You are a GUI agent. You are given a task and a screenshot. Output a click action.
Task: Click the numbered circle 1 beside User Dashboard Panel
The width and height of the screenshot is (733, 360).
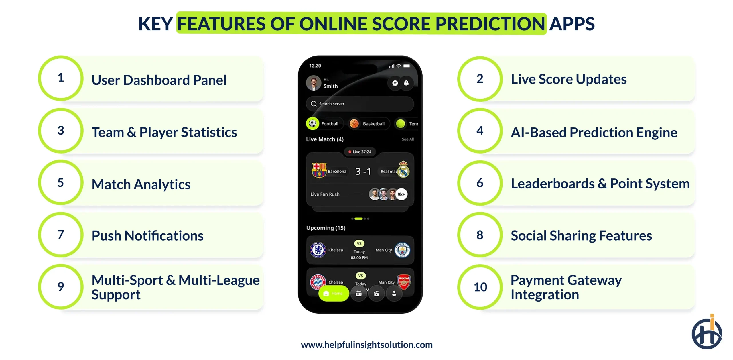(x=61, y=78)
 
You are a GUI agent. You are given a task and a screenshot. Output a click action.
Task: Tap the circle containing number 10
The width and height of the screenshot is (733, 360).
(x=480, y=287)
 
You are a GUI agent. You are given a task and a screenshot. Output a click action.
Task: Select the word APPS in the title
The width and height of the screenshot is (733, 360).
(x=572, y=24)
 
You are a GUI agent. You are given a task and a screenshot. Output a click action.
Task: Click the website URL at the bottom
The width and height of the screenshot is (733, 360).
(x=366, y=345)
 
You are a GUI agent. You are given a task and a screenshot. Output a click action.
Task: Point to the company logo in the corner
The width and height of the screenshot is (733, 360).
(x=707, y=332)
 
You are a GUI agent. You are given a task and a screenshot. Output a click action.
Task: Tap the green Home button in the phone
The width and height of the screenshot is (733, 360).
(x=334, y=293)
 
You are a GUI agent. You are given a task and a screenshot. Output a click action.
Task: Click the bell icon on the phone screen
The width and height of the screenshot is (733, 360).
(x=406, y=83)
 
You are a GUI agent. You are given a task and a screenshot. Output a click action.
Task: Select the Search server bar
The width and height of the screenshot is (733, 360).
(x=360, y=104)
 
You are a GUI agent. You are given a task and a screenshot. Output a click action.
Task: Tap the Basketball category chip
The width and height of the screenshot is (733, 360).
(x=369, y=124)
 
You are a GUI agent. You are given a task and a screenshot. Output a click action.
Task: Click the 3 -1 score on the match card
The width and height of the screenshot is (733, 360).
(x=363, y=171)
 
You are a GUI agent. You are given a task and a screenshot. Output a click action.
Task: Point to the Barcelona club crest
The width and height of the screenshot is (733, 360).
(x=319, y=170)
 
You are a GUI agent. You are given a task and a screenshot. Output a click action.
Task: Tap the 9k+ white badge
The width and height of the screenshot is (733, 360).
(x=401, y=194)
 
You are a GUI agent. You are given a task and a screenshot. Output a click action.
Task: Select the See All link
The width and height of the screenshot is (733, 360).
(x=407, y=139)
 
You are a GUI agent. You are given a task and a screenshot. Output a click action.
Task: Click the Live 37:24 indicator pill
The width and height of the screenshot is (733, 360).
(x=360, y=152)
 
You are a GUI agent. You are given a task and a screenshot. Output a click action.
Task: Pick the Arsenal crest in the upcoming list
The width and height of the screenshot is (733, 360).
(x=404, y=282)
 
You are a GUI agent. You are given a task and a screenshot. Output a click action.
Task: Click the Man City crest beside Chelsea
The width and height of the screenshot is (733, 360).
(x=402, y=250)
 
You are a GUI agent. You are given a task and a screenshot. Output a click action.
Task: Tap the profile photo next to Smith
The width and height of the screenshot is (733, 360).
(x=314, y=83)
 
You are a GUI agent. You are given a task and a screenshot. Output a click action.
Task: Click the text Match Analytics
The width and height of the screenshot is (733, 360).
(x=141, y=184)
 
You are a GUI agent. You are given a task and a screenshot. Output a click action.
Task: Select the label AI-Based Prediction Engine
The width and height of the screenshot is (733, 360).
(x=594, y=132)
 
